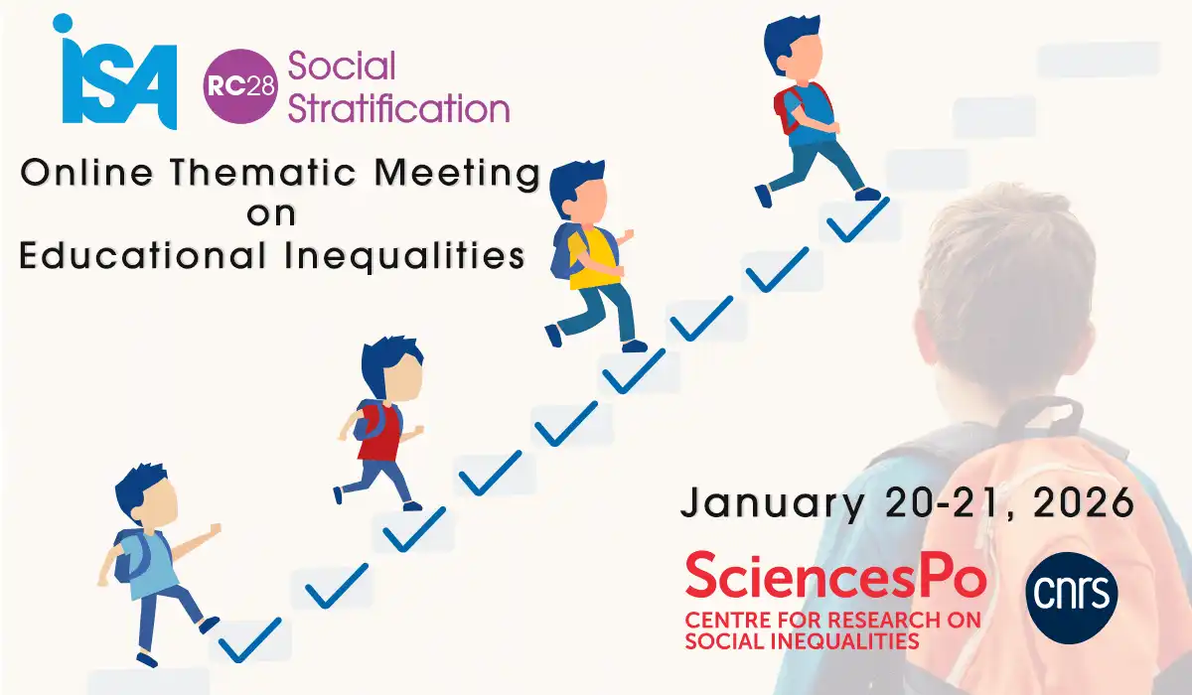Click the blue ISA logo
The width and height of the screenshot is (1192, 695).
pyautogui.click(x=115, y=71)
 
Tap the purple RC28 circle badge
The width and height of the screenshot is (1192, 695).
pyautogui.click(x=240, y=86)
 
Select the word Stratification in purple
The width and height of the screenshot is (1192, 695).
pyautogui.click(x=398, y=108)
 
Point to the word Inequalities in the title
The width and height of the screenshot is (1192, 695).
pyautogui.click(x=404, y=256)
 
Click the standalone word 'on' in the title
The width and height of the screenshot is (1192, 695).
pyautogui.click(x=271, y=214)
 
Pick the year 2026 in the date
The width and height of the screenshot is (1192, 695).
pyautogui.click(x=1084, y=502)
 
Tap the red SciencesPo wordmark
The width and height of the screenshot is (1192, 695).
pyautogui.click(x=836, y=575)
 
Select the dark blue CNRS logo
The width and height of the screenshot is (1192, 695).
pyautogui.click(x=1072, y=598)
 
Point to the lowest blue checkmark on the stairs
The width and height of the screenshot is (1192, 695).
pyautogui.click(x=249, y=641)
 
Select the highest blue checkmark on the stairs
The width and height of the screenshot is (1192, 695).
pyautogui.click(x=857, y=220)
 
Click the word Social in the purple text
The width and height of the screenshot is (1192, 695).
pyautogui.click(x=342, y=66)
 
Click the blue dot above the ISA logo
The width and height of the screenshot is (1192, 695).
pyautogui.click(x=63, y=23)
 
